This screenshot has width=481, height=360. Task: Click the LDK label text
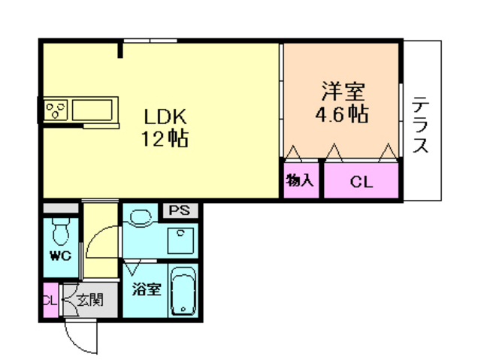click(165, 116)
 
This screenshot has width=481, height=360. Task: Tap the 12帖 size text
click(165, 138)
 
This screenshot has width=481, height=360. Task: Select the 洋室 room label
click(343, 91)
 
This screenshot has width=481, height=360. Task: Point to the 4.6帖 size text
click(342, 113)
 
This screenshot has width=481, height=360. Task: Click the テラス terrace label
click(420, 124)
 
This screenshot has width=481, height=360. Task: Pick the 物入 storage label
click(300, 180)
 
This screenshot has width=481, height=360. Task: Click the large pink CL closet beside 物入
click(362, 180)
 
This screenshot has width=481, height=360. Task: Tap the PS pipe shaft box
click(180, 210)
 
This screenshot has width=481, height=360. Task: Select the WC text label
click(61, 256)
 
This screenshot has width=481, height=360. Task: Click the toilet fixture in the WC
click(61, 231)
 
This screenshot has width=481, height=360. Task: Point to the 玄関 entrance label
click(90, 300)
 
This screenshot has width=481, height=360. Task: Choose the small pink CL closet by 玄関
click(50, 300)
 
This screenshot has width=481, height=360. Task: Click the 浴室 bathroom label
click(147, 289)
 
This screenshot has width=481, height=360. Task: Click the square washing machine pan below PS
click(180, 241)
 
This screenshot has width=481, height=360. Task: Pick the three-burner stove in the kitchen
click(56, 110)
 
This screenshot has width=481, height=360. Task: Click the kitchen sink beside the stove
click(92, 110)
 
